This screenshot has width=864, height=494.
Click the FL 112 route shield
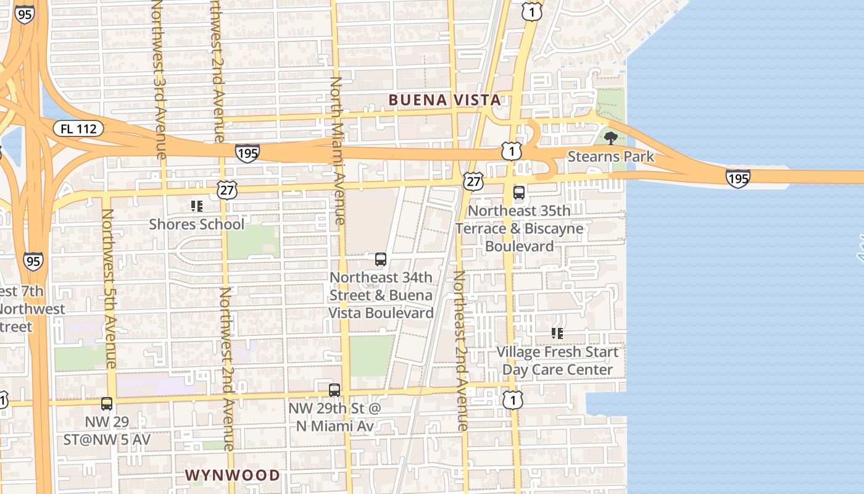click(x=78, y=129)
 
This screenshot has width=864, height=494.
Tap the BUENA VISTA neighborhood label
click(x=444, y=100)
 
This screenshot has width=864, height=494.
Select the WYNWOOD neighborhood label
click(x=233, y=475)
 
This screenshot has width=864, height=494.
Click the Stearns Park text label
click(x=610, y=156)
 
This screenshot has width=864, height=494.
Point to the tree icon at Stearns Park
click(x=611, y=138)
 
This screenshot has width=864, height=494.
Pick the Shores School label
click(x=196, y=224)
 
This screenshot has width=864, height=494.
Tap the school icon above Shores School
click(x=196, y=206)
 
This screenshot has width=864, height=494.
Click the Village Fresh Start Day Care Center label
click(x=557, y=361)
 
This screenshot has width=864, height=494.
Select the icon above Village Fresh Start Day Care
click(x=557, y=333)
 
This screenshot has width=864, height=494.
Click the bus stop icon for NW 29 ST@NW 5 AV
click(x=107, y=404)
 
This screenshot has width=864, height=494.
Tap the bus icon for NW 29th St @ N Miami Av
click(x=334, y=390)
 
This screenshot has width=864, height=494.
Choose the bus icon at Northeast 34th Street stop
click(x=381, y=259)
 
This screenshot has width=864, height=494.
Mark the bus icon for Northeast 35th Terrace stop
click(x=519, y=193)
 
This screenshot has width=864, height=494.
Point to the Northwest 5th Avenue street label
click(x=110, y=289)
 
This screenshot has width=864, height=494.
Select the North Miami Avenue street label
click(x=337, y=151)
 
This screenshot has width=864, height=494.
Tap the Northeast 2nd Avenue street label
click(x=460, y=350)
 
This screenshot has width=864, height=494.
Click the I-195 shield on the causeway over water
click(x=737, y=179)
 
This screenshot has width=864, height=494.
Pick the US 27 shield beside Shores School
click(x=227, y=190)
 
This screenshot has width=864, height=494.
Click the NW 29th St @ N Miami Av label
click(x=334, y=417)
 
